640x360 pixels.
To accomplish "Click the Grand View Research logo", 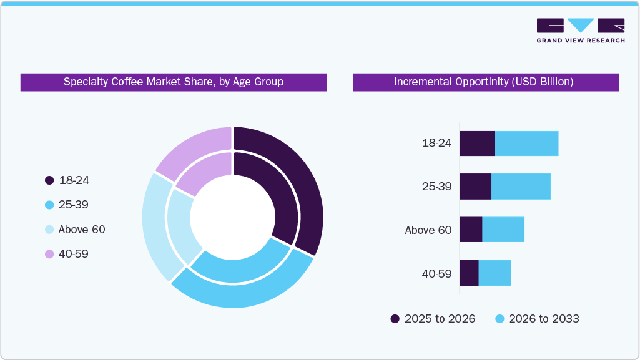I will [580, 31].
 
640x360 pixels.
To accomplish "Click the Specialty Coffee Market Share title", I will [174, 82].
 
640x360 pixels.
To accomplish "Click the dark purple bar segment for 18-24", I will [477, 144].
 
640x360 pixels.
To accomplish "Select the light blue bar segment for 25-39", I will [521, 187].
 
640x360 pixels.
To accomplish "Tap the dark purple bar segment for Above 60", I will [471, 230].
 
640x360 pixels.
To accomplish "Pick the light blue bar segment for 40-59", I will [495, 273].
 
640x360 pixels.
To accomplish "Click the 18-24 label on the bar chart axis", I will [436, 144].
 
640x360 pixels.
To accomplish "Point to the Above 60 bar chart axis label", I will [428, 230].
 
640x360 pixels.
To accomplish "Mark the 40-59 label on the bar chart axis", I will [436, 273].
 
